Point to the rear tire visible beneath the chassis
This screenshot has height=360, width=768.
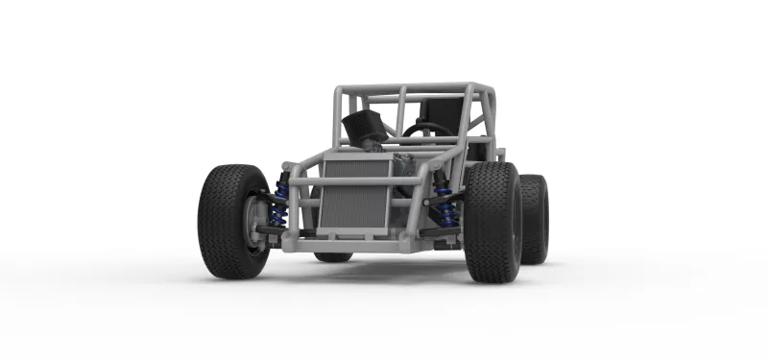pyautogui.click(x=333, y=256)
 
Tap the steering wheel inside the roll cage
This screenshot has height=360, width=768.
pyautogui.click(x=426, y=131)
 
